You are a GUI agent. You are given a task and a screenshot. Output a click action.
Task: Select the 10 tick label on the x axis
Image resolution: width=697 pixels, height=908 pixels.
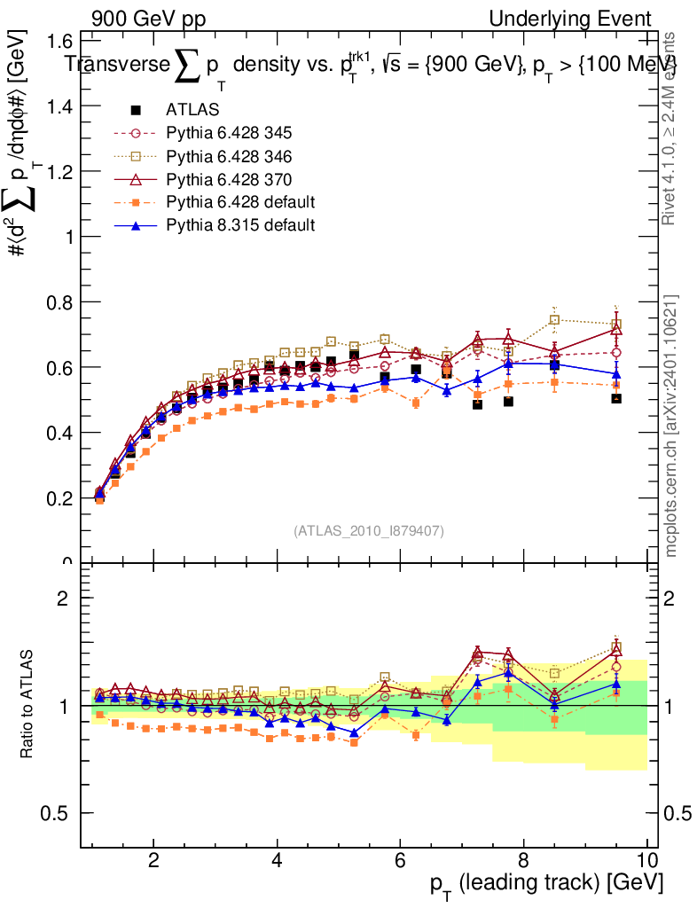pos(646,860)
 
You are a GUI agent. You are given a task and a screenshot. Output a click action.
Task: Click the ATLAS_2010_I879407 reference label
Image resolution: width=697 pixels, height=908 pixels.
pos(369,531)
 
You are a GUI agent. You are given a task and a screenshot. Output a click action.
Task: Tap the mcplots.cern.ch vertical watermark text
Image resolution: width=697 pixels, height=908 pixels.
pos(671,426)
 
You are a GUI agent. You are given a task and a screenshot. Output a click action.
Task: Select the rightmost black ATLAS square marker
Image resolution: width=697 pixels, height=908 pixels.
pos(616,399)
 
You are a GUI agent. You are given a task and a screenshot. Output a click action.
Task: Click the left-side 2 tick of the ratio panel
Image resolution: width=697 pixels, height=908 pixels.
pos(64,599)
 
